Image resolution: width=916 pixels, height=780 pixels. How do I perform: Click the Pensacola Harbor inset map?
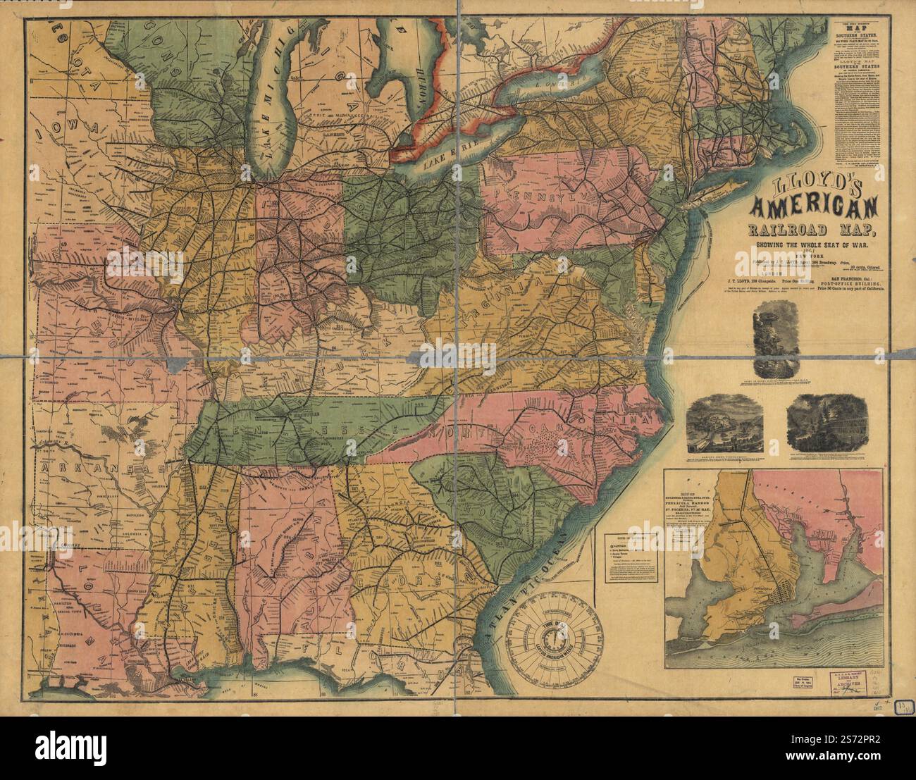774,568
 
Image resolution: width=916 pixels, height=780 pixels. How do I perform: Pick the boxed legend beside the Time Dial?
631,557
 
